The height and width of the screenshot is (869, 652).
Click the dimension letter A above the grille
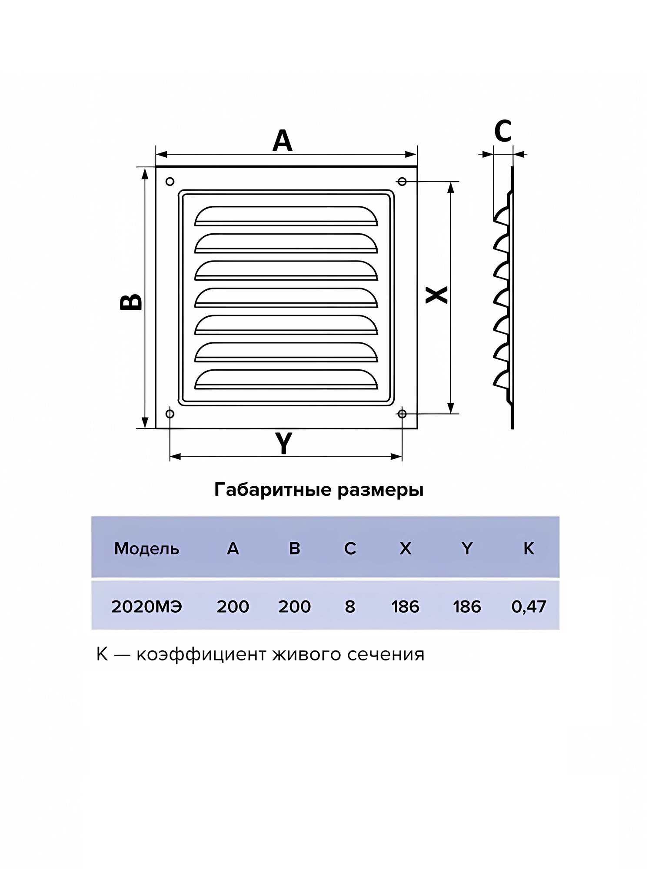283,141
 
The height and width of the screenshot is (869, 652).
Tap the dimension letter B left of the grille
131,302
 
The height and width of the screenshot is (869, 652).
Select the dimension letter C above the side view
503,131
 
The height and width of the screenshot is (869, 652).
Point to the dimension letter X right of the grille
436,295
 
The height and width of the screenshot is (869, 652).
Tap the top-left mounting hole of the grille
170,181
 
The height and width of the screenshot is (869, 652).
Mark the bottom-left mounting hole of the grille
170,414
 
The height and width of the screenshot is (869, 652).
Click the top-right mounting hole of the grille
402,181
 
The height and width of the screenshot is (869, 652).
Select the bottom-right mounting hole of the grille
402,414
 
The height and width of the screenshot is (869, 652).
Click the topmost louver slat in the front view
286,216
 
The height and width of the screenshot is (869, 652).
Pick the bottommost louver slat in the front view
286,379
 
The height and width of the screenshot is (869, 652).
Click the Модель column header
146,549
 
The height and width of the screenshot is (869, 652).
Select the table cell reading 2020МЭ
146,607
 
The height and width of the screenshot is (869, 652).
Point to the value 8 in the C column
350,607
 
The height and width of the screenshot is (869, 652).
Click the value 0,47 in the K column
529,607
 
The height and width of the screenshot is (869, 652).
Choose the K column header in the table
529,549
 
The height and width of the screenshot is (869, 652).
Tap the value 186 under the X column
405,607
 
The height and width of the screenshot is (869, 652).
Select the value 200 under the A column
233,607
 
